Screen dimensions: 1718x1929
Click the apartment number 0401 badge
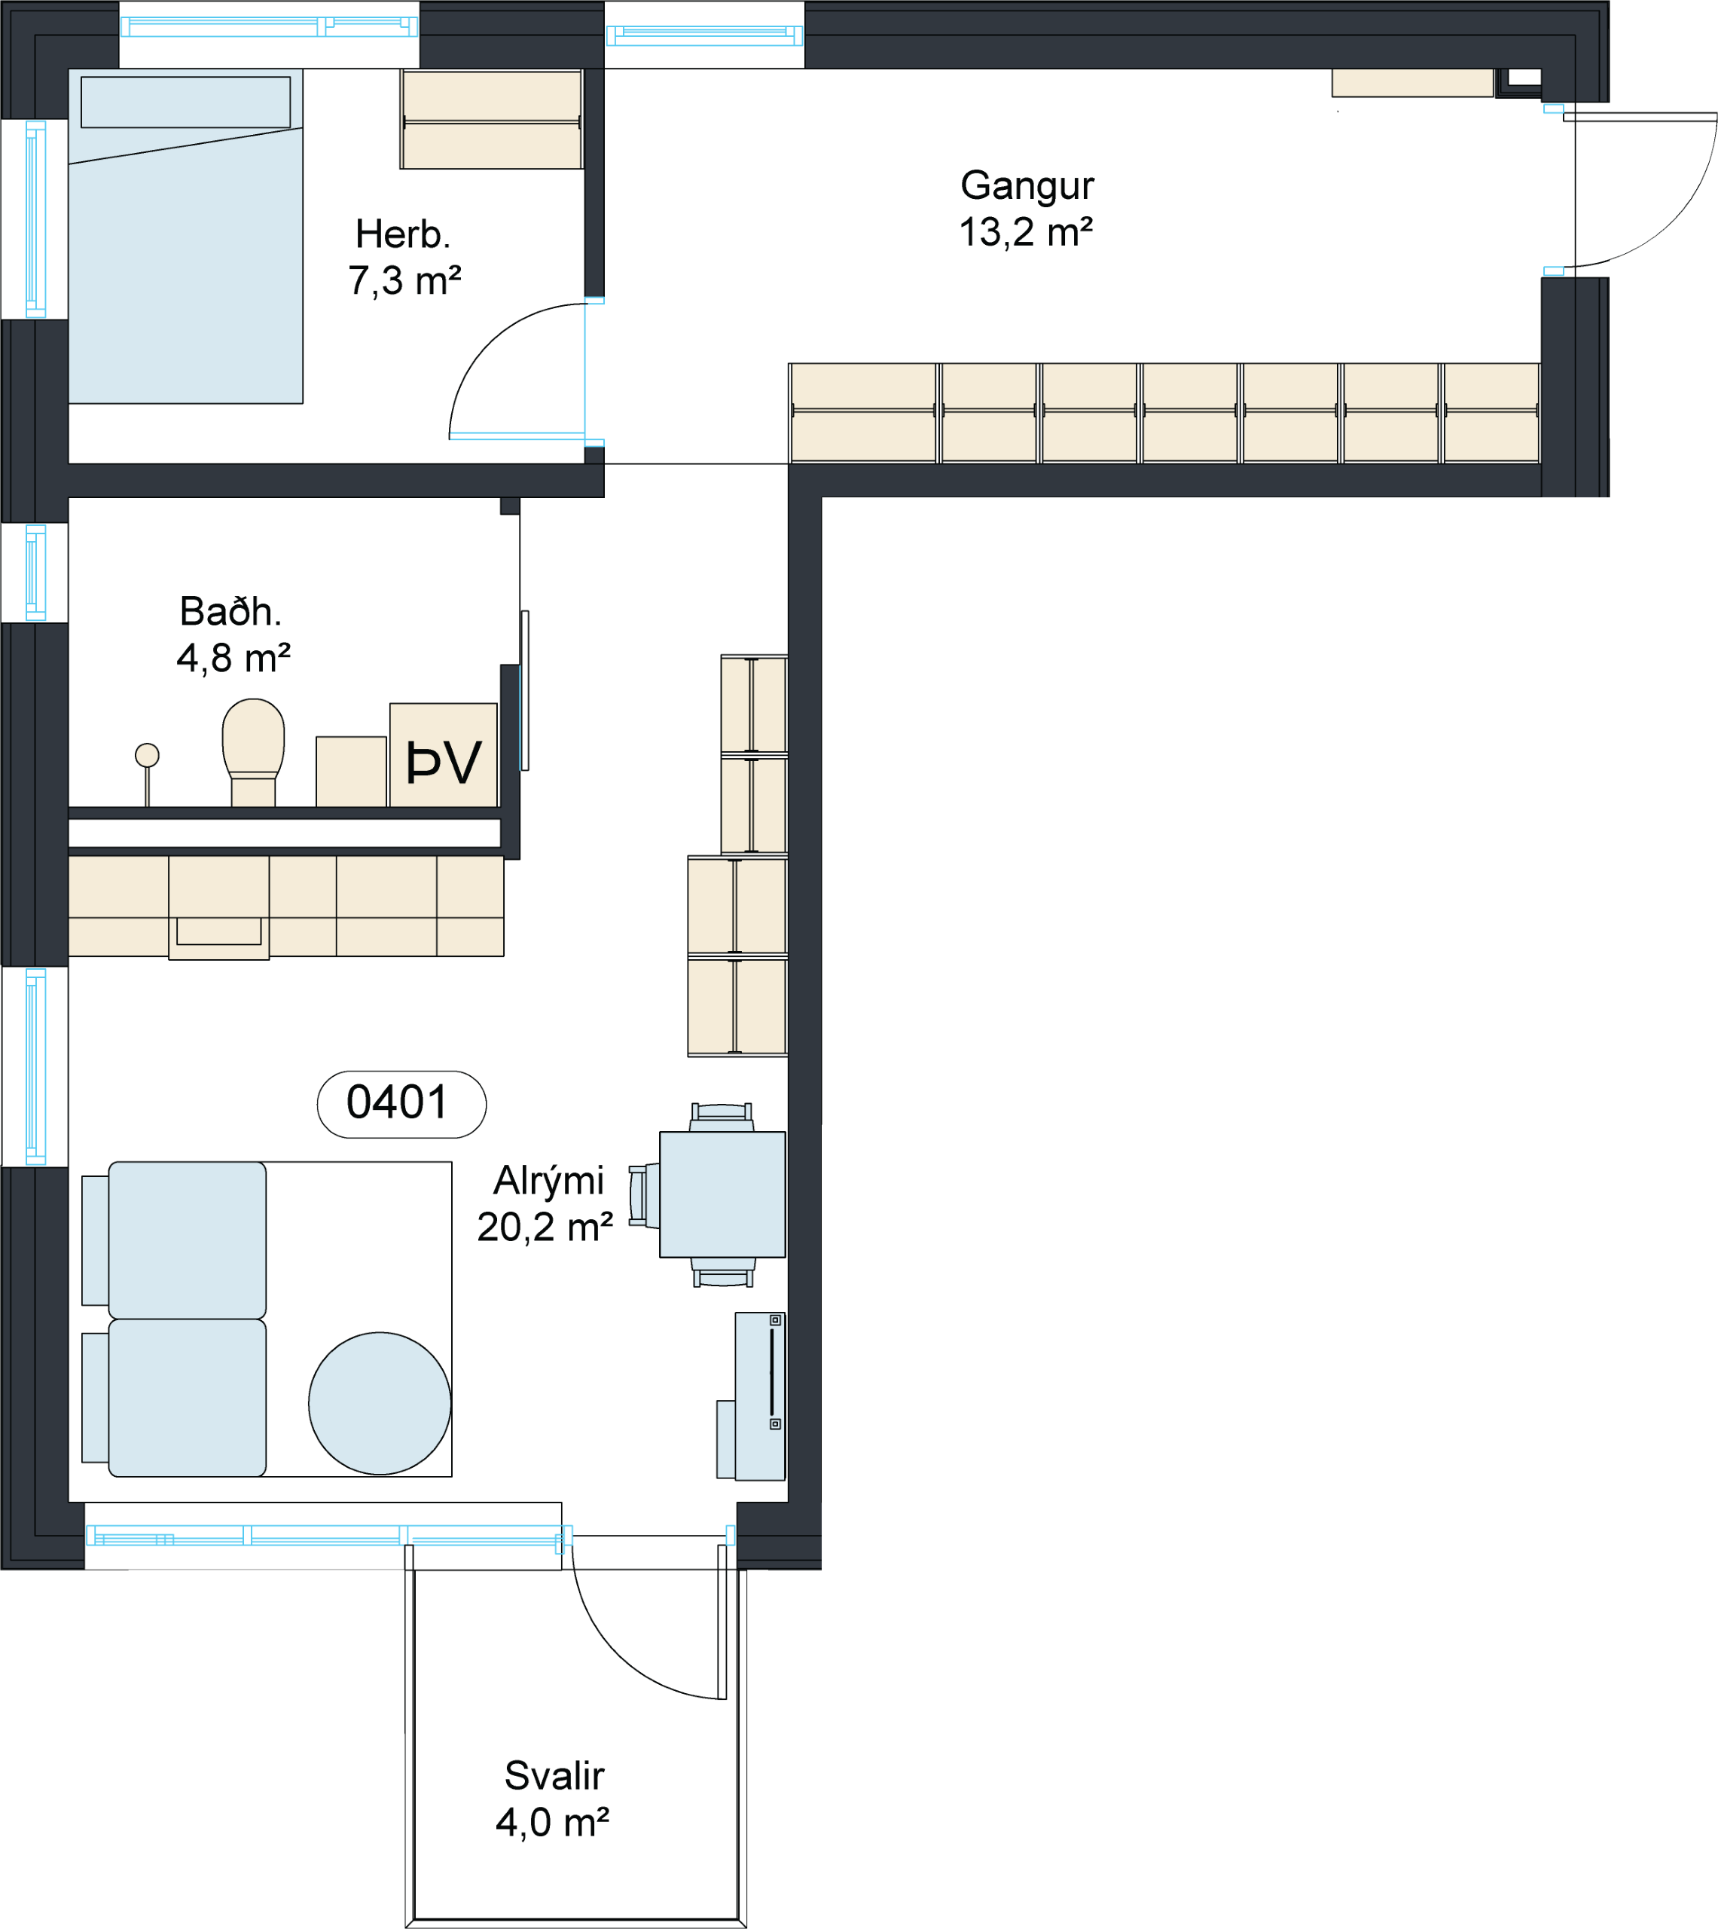tap(401, 1104)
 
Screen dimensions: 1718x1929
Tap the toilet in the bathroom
tap(253, 751)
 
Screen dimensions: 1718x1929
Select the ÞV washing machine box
tap(444, 754)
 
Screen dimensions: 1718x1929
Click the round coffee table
tap(380, 1403)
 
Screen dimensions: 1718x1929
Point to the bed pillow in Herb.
tap(186, 102)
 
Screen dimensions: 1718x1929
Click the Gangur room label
tap(1027, 186)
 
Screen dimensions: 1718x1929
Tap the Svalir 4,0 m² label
tap(553, 1799)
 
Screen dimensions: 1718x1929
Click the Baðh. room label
tap(230, 612)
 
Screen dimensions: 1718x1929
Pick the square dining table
tap(722, 1194)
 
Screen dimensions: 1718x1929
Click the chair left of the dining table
tap(644, 1195)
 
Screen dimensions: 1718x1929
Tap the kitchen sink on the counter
tap(219, 931)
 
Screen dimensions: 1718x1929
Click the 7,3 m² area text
tap(404, 280)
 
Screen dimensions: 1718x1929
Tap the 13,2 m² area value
tap(1026, 232)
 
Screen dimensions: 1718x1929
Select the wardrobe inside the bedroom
tap(492, 119)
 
